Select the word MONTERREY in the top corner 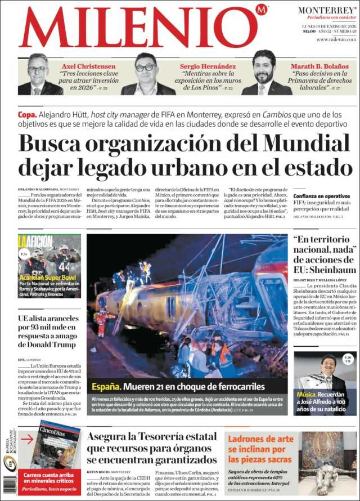(326, 10)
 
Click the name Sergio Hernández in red (205, 66)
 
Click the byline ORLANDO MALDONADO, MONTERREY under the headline (48, 189)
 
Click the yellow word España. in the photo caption (106, 387)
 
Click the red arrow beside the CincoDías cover (26, 439)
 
